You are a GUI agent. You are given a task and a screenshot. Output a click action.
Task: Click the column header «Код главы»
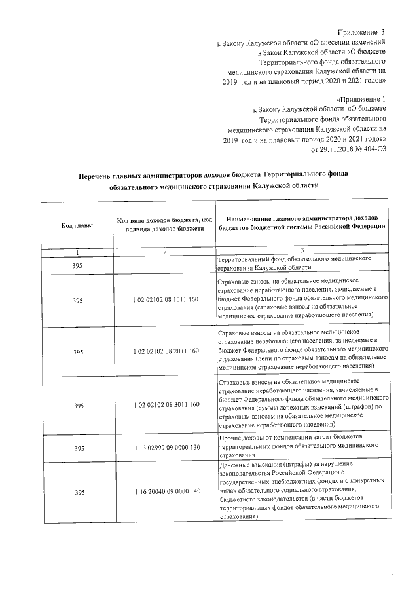tap(77, 226)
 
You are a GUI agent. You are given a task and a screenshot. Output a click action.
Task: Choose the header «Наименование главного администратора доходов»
tap(302, 221)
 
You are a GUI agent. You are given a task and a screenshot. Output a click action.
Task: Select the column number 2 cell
tap(165, 252)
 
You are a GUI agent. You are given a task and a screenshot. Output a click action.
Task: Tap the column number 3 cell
tap(302, 252)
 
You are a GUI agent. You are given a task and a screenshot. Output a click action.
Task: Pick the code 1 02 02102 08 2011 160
tap(165, 352)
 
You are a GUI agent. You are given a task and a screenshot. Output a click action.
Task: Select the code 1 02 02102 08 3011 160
tap(165, 406)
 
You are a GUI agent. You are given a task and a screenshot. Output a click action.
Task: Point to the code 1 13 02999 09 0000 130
tap(165, 448)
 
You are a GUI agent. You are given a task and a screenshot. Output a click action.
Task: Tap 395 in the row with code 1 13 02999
tap(78, 448)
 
